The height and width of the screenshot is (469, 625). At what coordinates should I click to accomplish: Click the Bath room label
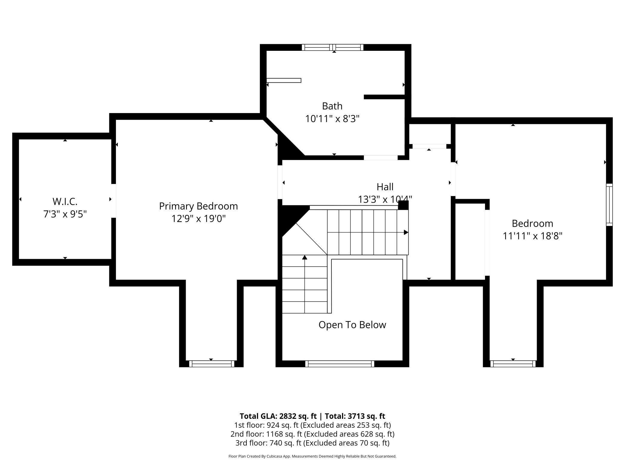pyautogui.click(x=332, y=106)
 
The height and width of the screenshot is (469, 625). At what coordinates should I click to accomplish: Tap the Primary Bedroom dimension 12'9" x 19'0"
pyautogui.click(x=198, y=219)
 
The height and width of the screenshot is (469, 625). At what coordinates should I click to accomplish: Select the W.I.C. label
pyautogui.click(x=65, y=201)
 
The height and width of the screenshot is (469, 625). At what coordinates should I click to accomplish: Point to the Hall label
pyautogui.click(x=385, y=187)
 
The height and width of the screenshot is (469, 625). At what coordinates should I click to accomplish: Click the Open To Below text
pyautogui.click(x=352, y=325)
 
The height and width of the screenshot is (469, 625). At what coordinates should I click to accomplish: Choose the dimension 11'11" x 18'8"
pyautogui.click(x=532, y=236)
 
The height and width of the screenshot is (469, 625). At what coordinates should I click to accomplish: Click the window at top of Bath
pyautogui.click(x=333, y=47)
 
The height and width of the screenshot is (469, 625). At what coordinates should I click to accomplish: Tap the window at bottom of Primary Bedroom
pyautogui.click(x=212, y=364)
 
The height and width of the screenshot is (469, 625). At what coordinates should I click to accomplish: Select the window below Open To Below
pyautogui.click(x=340, y=364)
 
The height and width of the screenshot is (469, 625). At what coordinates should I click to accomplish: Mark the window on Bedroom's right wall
pyautogui.click(x=609, y=205)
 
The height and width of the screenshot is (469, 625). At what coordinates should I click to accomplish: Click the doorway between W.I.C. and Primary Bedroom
pyautogui.click(x=113, y=201)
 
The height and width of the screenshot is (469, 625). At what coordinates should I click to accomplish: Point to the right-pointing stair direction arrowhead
pyautogui.click(x=406, y=232)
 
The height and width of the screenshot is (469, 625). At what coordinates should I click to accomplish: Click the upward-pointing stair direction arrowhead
pyautogui.click(x=305, y=257)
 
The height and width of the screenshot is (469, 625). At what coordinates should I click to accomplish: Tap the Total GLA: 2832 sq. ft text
pyautogui.click(x=278, y=416)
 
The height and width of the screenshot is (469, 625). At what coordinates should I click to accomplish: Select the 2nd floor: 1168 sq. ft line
pyautogui.click(x=312, y=434)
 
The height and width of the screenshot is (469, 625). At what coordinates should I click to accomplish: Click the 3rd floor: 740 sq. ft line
pyautogui.click(x=312, y=443)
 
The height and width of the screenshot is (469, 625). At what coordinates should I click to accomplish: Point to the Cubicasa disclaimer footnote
pyautogui.click(x=312, y=456)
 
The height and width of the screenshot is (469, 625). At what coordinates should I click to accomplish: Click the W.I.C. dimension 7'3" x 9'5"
pyautogui.click(x=65, y=214)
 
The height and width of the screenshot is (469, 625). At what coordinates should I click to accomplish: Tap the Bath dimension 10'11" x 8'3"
pyautogui.click(x=332, y=119)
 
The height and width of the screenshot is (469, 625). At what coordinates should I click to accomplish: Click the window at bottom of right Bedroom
pyautogui.click(x=513, y=364)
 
